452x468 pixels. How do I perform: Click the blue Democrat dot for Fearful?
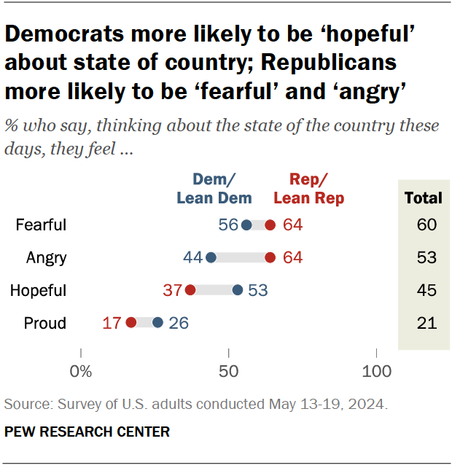pos(246,225)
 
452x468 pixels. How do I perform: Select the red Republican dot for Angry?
pos(270,257)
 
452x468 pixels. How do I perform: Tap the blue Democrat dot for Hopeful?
pos(238,290)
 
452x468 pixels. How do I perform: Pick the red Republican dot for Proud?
pos(131,323)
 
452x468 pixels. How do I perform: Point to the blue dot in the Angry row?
pos(211,257)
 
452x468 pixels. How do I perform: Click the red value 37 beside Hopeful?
pos(172,290)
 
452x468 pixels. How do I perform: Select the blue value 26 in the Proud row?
pos(179,323)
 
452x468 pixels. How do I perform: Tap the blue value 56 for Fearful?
pos(228,225)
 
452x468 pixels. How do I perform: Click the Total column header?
pos(423,198)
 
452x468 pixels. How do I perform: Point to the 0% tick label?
pos(81,372)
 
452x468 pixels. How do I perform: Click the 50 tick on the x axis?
pos(229,372)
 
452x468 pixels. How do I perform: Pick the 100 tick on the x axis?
pos(377,372)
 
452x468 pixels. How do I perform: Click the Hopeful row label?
pos(38,290)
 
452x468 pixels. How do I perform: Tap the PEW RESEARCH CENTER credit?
pos(87,432)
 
